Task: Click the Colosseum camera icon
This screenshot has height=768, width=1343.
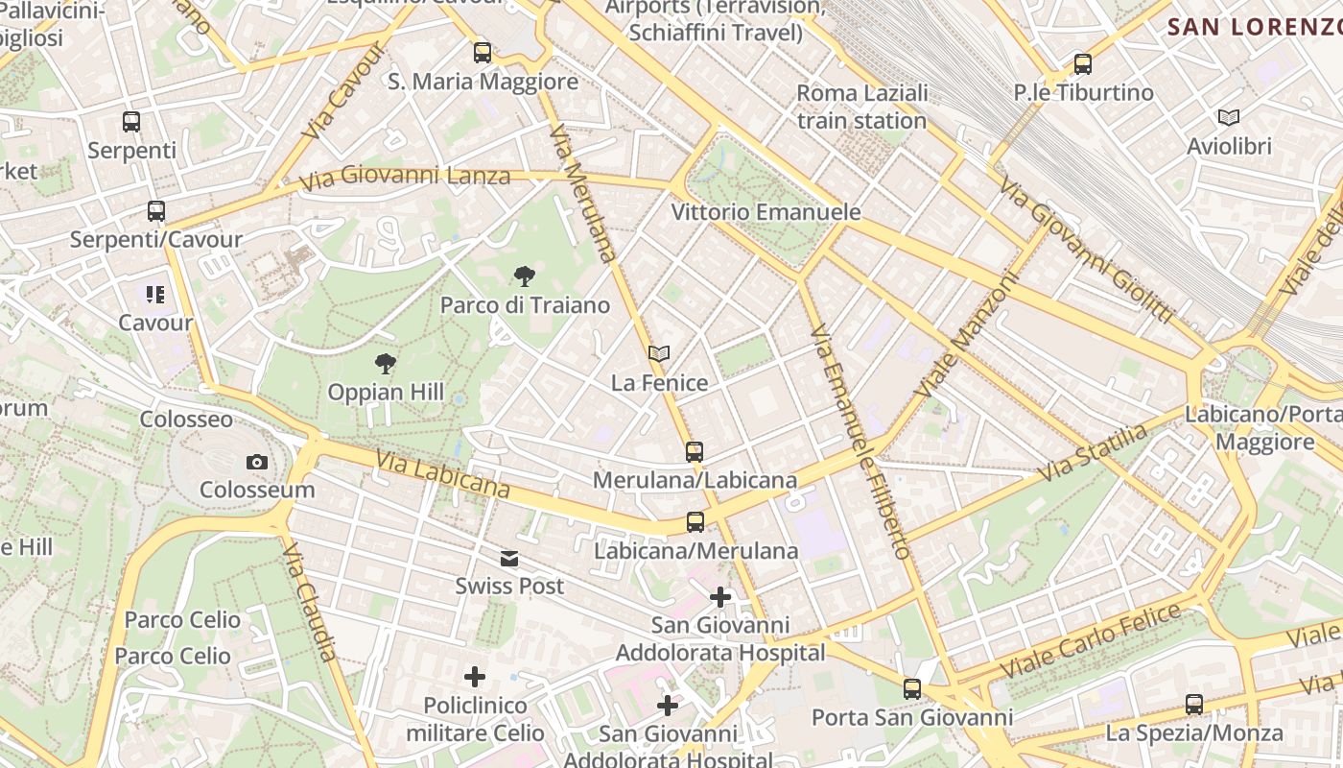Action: click(256, 463)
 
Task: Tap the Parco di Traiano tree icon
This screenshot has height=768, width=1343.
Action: click(524, 277)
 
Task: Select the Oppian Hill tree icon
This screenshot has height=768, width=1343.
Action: click(386, 364)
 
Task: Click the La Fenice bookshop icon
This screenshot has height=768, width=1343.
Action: click(658, 354)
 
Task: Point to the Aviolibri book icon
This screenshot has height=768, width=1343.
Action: click(1228, 118)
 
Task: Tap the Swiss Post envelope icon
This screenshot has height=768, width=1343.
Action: click(509, 559)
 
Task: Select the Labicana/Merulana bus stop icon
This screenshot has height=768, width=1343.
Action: click(695, 522)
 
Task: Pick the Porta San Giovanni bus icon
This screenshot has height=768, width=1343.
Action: click(911, 689)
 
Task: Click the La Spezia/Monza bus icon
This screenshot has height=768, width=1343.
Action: click(1194, 705)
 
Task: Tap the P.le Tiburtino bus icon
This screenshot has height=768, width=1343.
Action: click(1083, 64)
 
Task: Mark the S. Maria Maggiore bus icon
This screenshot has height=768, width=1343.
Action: click(483, 53)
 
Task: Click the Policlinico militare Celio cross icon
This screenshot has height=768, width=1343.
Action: click(475, 678)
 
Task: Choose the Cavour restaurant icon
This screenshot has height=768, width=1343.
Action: click(155, 295)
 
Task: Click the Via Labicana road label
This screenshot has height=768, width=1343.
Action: click(442, 475)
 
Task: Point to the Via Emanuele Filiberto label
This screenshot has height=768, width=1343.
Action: click(860, 442)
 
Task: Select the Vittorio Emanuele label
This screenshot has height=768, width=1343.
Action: click(766, 212)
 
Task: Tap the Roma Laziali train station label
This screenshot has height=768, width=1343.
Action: click(861, 107)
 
